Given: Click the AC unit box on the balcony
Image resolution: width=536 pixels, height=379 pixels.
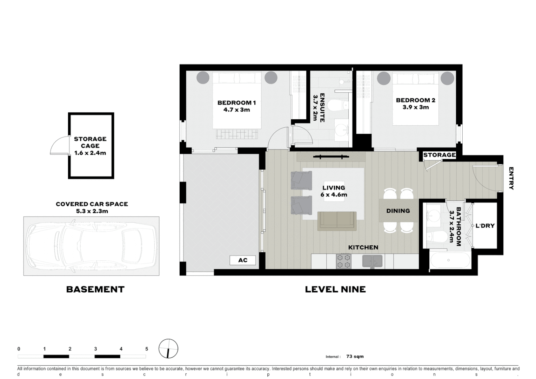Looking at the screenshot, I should (242, 260).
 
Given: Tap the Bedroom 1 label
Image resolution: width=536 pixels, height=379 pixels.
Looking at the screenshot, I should (236, 103).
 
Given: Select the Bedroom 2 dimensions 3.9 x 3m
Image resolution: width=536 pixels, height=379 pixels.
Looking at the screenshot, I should (416, 107).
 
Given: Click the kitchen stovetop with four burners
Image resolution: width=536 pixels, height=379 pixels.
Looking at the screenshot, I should (343, 261).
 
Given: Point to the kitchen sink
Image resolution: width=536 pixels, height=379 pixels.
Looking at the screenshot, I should (372, 261).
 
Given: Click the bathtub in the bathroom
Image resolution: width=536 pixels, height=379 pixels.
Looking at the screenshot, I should (450, 260).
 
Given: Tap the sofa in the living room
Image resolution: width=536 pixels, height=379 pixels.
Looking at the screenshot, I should (337, 221).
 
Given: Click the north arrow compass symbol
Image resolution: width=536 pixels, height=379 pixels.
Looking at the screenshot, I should (168, 349).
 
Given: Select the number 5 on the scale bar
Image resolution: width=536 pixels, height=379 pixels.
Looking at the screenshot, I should (147, 349).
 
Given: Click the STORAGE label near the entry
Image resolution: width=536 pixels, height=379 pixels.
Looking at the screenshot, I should (439, 155).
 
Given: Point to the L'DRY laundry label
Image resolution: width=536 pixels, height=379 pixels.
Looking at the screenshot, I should (485, 226).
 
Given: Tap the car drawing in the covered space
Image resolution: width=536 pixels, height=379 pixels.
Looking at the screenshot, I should (91, 246).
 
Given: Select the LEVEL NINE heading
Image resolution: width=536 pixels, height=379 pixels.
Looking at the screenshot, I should (335, 289).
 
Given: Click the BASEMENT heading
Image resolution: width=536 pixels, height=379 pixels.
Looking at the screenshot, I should (95, 289).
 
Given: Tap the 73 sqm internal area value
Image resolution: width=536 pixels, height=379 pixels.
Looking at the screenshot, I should (355, 357).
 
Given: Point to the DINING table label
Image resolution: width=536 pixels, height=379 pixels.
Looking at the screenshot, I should (398, 211).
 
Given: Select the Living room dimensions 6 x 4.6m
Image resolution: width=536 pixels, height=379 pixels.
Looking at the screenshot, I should (334, 195).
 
